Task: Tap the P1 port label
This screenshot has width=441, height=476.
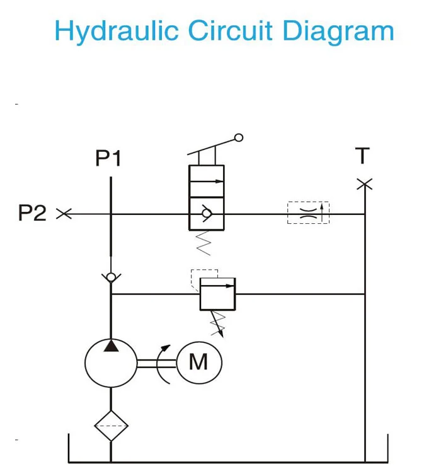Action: tap(108, 158)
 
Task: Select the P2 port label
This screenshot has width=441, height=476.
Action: tap(32, 213)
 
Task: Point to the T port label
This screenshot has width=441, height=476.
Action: tap(362, 155)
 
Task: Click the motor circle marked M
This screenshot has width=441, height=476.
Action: tap(198, 362)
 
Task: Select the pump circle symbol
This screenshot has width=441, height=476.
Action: tap(111, 362)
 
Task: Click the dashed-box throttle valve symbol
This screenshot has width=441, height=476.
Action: tap(308, 213)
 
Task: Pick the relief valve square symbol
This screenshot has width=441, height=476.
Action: tap(217, 294)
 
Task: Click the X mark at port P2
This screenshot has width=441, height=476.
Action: tap(64, 214)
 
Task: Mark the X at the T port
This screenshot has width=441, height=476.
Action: tap(364, 184)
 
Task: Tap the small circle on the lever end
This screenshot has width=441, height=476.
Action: tap(238, 137)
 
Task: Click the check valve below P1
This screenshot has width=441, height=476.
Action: tap(111, 276)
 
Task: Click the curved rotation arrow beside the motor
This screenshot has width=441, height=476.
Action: tap(164, 363)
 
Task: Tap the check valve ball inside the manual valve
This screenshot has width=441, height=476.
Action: tap(207, 214)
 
